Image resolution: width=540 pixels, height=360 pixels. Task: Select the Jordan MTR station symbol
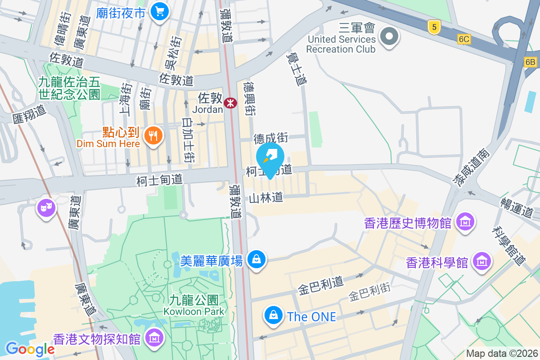click(231, 103)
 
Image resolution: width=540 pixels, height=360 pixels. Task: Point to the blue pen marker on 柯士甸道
click(270, 157)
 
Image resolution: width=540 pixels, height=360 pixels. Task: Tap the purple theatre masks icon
click(46, 208)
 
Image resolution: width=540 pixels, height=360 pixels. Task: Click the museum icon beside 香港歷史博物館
click(465, 221)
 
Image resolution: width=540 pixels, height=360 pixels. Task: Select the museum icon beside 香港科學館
click(482, 261)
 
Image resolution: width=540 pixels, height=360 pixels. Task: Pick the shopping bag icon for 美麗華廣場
click(256, 259)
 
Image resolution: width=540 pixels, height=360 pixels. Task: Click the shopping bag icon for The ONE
click(273, 315)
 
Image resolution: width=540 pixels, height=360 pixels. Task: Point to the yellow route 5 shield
click(434, 27)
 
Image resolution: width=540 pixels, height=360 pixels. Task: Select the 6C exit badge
click(464, 39)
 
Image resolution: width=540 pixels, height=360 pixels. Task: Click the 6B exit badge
click(530, 62)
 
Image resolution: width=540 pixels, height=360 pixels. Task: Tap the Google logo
click(30, 349)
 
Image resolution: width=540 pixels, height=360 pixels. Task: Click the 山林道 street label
click(266, 197)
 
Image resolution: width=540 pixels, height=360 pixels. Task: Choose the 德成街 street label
click(270, 138)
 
